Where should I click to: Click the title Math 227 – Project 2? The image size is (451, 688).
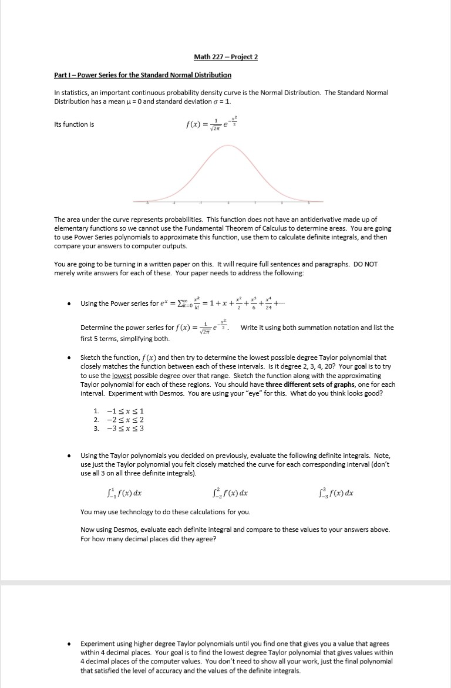pos(225,57)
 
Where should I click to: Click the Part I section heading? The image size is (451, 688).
pos(143,75)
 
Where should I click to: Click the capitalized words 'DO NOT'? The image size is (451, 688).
pos(366,264)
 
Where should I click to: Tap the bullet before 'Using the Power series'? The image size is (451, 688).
pos(69,303)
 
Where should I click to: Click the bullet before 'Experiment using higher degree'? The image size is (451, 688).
pos(69,643)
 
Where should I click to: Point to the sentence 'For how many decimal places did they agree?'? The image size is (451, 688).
pos(148,539)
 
